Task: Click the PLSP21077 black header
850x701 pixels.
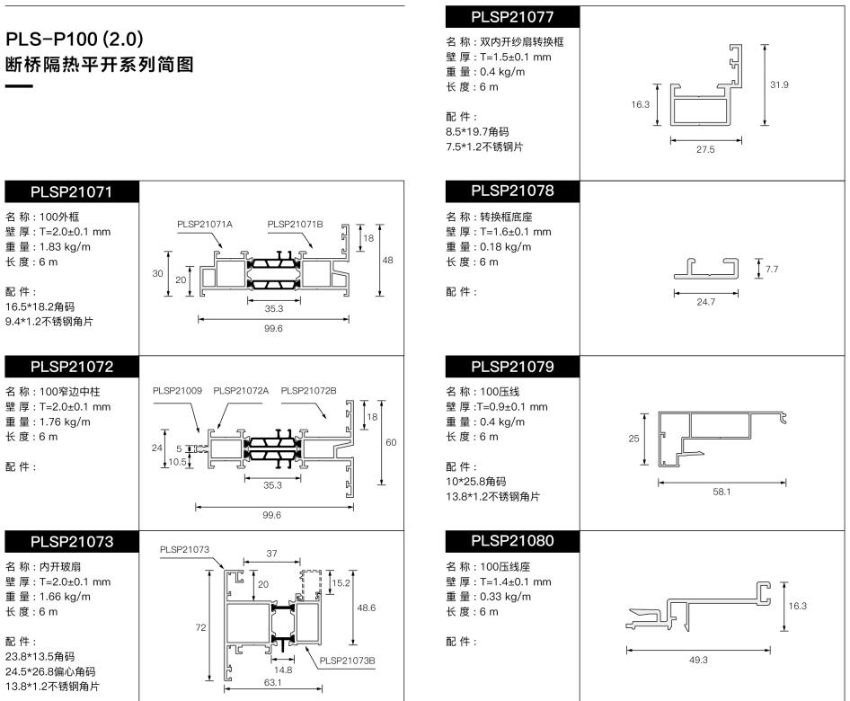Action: pyautogui.click(x=512, y=17)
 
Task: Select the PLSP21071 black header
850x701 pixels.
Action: pyautogui.click(x=72, y=192)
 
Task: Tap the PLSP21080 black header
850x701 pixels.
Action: pyautogui.click(x=512, y=541)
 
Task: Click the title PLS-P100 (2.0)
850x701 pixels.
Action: pyautogui.click(x=75, y=39)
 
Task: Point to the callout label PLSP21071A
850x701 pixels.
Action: pyautogui.click(x=204, y=225)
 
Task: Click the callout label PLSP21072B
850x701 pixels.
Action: pyautogui.click(x=308, y=391)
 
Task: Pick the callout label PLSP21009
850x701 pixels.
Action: pyautogui.click(x=177, y=391)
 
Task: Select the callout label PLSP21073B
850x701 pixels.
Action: pyautogui.click(x=347, y=661)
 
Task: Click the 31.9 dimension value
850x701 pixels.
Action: pyautogui.click(x=779, y=84)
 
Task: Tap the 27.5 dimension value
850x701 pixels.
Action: pyautogui.click(x=705, y=149)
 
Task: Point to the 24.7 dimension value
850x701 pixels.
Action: pyautogui.click(x=706, y=302)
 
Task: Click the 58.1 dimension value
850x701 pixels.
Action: pyautogui.click(x=722, y=492)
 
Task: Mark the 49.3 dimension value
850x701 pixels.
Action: pyautogui.click(x=698, y=660)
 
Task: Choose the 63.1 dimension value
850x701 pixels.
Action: pyautogui.click(x=272, y=682)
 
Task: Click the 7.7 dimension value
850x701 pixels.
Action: pyautogui.click(x=772, y=269)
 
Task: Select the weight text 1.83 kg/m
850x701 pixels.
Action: pyautogui.click(x=65, y=246)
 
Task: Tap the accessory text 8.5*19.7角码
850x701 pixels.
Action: pyautogui.click(x=477, y=131)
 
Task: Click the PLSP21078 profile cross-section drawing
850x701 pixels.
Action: pyautogui.click(x=706, y=269)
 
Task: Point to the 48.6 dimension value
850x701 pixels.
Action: pyautogui.click(x=367, y=608)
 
